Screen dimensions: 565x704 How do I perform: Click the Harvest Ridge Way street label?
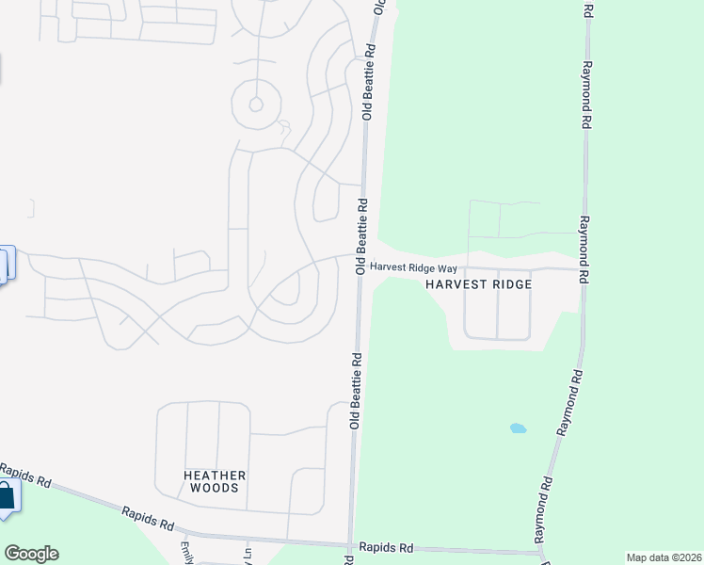pos(413,267)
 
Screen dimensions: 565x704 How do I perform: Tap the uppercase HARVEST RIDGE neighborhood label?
pos(479,284)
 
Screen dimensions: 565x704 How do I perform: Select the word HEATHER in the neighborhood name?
pos(215,476)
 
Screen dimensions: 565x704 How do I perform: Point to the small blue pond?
pos(518,428)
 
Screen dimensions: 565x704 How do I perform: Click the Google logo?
pos(31,554)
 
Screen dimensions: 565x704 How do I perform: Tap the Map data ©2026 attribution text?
pos(663,557)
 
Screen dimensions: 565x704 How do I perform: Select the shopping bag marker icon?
pos(6,497)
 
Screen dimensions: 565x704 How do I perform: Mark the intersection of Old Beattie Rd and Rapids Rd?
pos(351,545)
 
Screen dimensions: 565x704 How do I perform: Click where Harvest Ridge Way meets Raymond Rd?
pos(584,268)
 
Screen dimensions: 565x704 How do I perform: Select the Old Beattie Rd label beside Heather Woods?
pos(356,391)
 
